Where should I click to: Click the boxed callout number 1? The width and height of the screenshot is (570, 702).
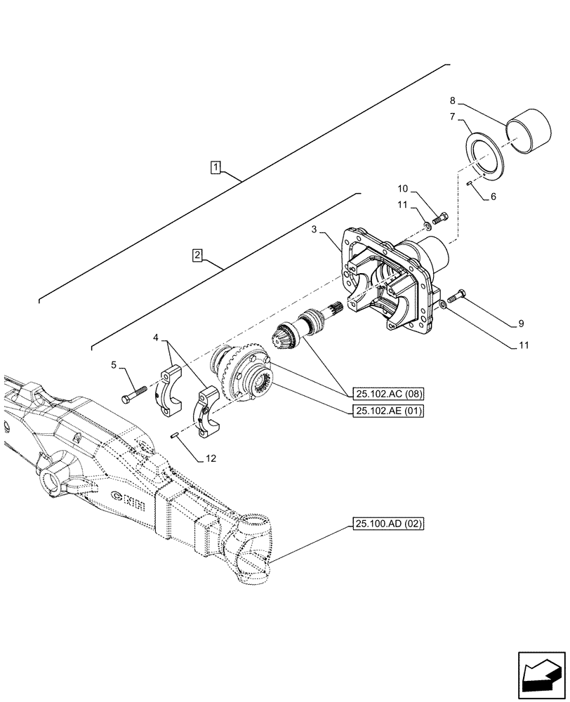pos(216,167)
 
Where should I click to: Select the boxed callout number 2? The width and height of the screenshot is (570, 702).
pos(198,255)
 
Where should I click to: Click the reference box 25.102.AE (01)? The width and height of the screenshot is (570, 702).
pos(390,411)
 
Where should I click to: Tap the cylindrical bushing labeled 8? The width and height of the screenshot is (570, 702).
pos(529,131)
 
